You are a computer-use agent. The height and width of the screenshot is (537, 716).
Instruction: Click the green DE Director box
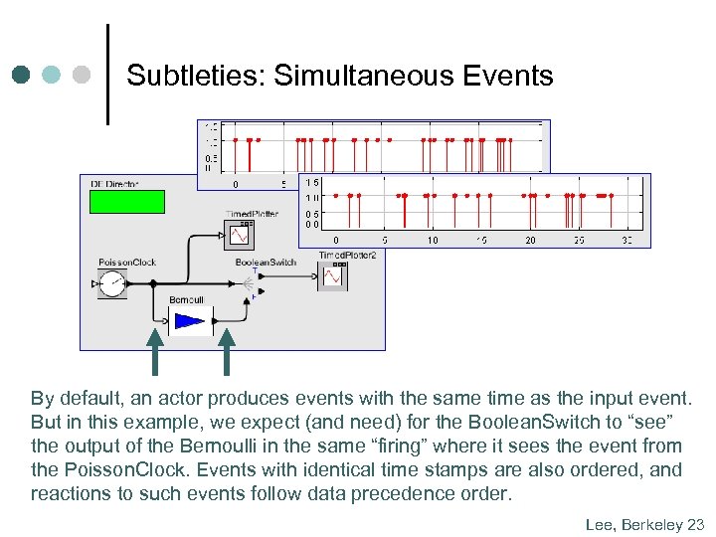click(x=126, y=202)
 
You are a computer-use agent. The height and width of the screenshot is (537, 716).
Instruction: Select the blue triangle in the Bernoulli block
click(x=189, y=321)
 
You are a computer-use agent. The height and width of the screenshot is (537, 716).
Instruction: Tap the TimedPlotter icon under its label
click(x=242, y=233)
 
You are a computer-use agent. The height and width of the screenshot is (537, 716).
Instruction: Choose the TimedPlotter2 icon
click(x=333, y=274)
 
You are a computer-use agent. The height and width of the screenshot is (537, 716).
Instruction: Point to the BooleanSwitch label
click(x=266, y=262)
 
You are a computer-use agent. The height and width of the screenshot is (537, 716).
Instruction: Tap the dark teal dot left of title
click(x=22, y=75)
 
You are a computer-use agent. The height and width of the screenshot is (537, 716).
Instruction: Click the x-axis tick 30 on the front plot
click(x=626, y=240)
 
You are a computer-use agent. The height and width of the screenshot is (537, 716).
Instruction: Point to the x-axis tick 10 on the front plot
click(x=433, y=240)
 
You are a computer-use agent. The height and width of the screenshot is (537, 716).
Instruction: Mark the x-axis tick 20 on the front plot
click(x=530, y=240)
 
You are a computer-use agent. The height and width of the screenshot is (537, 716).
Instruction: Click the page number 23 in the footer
click(x=695, y=523)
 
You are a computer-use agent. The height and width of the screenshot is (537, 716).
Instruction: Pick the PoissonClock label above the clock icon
click(x=127, y=263)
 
